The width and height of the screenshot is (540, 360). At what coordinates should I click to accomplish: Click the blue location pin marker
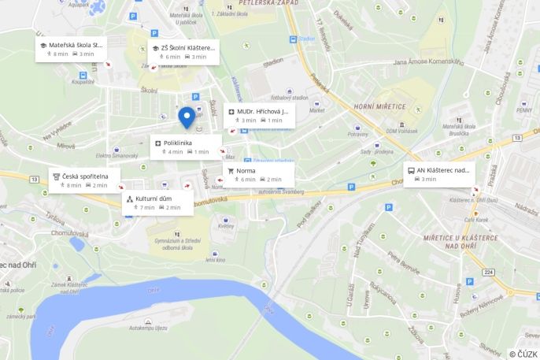tap(187, 117)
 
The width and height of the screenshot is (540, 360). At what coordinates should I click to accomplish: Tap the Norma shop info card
tap(258, 174)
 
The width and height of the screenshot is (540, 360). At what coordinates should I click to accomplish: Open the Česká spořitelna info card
tap(83, 180)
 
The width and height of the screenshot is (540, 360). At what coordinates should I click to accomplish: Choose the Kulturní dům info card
tap(157, 202)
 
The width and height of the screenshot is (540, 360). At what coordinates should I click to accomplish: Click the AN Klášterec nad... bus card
tap(439, 173)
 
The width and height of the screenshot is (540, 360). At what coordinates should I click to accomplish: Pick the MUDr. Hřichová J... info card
tap(259, 115)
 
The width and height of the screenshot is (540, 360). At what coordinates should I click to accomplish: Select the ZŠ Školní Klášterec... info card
tap(183, 51)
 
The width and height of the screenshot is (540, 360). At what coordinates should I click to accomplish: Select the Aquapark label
tap(79, 5)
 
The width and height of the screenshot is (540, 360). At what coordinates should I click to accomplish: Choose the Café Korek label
tap(475, 219)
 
